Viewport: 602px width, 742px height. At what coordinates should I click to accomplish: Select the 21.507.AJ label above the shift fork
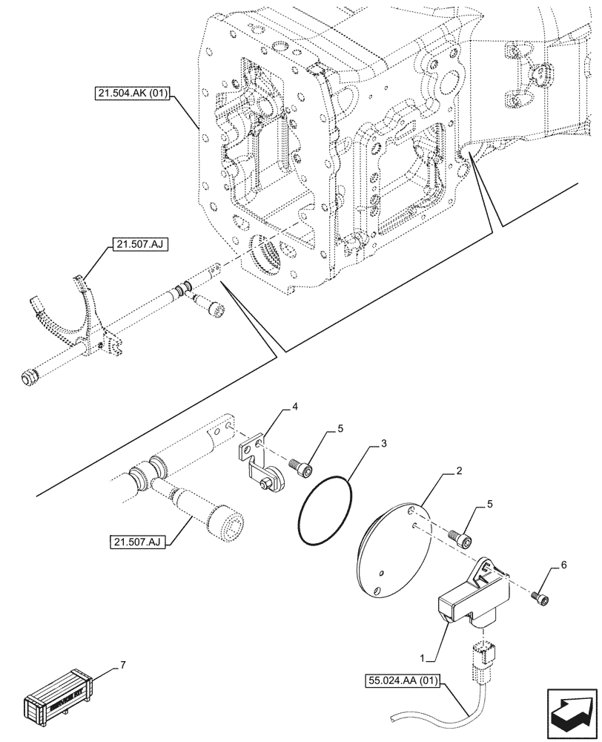[x=138, y=244]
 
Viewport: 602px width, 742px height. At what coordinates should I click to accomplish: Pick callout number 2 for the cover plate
[x=460, y=471]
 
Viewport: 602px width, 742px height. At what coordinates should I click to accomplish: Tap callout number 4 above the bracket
[x=294, y=407]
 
